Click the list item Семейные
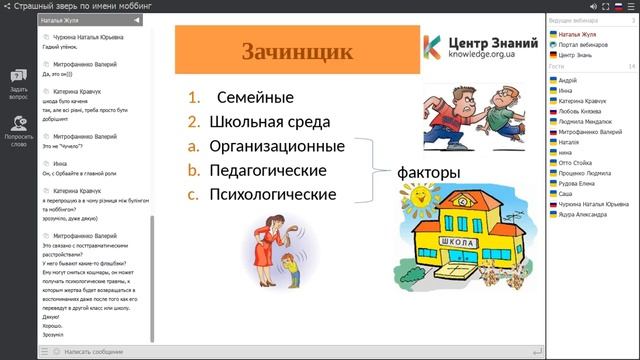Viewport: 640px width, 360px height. (x=255, y=98)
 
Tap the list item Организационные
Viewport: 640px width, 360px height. (x=277, y=146)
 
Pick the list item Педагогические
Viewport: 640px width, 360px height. (x=268, y=170)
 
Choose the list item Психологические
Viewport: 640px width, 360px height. (x=273, y=194)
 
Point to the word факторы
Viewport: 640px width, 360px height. (x=428, y=173)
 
